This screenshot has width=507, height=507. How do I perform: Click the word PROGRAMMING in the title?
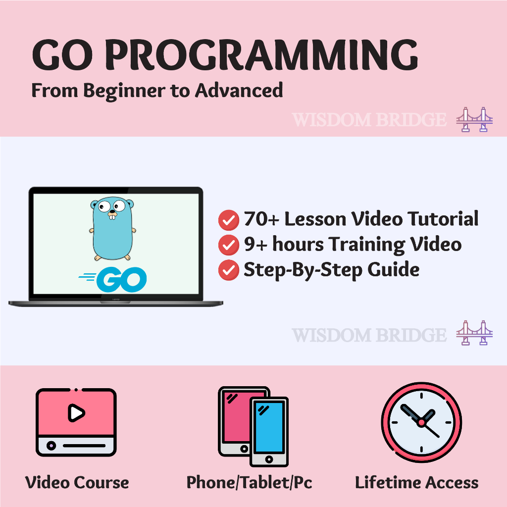(x=261, y=54)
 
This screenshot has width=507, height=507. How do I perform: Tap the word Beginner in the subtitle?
(x=124, y=91)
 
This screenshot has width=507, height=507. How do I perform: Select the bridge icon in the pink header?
(x=474, y=119)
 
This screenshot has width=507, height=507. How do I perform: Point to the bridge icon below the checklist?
(x=474, y=333)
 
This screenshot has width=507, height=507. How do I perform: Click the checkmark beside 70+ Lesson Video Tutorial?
(x=229, y=220)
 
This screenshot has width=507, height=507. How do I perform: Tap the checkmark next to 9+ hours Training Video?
(x=229, y=245)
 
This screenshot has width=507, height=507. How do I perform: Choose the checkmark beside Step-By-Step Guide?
(x=229, y=270)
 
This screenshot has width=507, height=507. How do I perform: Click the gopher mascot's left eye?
(x=104, y=206)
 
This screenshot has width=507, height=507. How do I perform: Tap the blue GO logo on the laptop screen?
(x=112, y=279)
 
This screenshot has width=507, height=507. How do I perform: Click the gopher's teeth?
(x=112, y=217)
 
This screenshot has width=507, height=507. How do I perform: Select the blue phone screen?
(x=269, y=427)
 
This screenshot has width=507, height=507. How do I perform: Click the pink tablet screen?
(x=238, y=417)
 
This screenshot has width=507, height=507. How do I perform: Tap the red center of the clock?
(x=421, y=422)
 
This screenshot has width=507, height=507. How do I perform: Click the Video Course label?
(x=77, y=482)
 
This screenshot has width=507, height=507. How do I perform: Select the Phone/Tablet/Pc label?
(x=250, y=482)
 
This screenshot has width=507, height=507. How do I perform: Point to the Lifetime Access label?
(x=417, y=482)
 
